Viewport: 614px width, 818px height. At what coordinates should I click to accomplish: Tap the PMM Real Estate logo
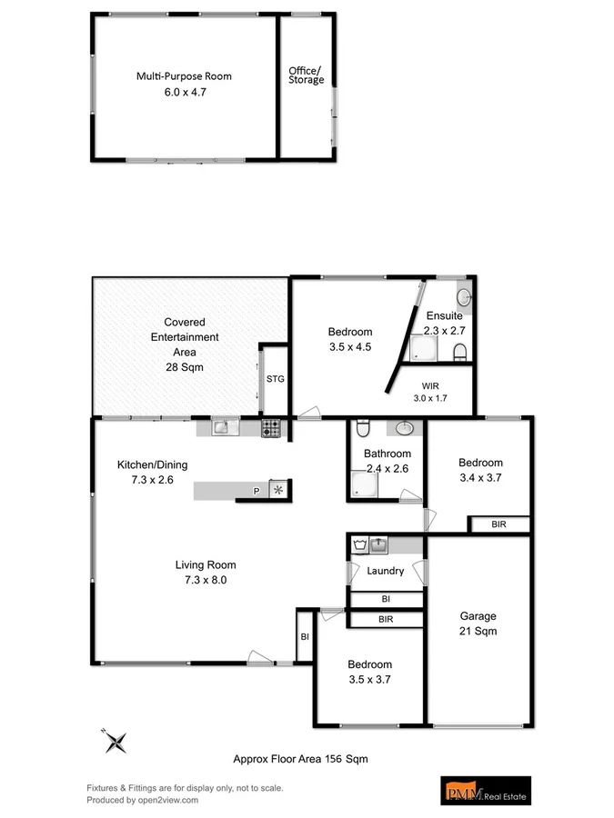(483, 791)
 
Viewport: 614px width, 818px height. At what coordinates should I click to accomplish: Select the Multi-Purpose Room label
(184, 76)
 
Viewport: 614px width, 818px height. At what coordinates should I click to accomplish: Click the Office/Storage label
(306, 75)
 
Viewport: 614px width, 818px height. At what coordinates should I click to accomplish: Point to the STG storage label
(275, 379)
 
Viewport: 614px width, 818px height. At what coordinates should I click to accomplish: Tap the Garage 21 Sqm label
(478, 623)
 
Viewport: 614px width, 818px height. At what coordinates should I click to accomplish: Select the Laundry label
(385, 572)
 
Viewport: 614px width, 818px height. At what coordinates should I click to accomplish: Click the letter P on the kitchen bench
(256, 492)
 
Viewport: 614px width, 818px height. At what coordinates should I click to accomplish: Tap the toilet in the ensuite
(459, 352)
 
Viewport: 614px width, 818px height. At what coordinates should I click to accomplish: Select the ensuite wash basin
(464, 294)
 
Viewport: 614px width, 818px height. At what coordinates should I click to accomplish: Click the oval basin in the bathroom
(406, 428)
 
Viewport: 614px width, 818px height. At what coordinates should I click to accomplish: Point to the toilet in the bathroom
(362, 428)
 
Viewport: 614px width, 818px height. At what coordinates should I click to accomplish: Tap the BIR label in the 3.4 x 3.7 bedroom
(498, 524)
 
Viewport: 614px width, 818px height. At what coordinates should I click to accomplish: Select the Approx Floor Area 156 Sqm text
(300, 758)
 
